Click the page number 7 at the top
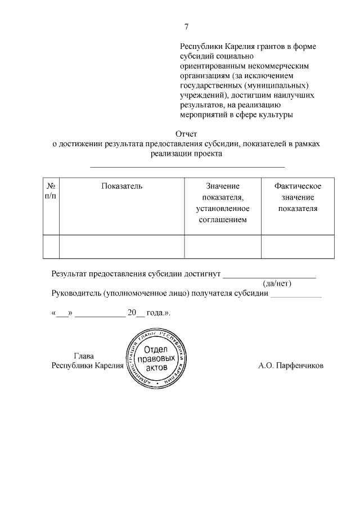[x=186, y=28]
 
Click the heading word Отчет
[x=186, y=134]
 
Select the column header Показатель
[x=121, y=186]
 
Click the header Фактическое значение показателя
[x=297, y=197]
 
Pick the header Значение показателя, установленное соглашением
[x=222, y=202]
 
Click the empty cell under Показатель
[x=121, y=246]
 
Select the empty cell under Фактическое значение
[x=297, y=246]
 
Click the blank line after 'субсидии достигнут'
[x=269, y=276]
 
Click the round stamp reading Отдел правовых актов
[x=153, y=358]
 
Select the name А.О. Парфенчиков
[x=291, y=366]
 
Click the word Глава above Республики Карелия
[x=84, y=356]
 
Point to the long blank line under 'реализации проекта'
[x=187, y=166]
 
